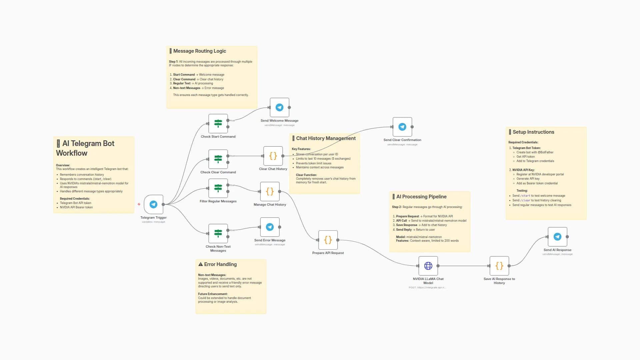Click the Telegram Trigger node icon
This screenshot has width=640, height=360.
[x=153, y=204]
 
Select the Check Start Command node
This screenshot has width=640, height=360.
[x=218, y=124]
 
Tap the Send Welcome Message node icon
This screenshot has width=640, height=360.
[x=279, y=107]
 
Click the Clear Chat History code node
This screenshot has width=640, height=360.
[x=273, y=156]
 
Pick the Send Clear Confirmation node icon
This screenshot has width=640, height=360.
[x=402, y=127]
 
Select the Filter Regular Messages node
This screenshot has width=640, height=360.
[x=218, y=188]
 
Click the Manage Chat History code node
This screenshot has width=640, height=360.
[x=270, y=191]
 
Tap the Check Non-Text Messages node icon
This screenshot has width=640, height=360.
[x=218, y=233]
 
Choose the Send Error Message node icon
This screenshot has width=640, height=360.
[x=270, y=227]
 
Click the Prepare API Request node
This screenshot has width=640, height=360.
[x=328, y=240]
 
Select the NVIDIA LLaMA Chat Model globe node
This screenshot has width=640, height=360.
[x=428, y=266]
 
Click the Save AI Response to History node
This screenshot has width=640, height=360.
[x=499, y=266]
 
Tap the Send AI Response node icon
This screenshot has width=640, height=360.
[x=557, y=237]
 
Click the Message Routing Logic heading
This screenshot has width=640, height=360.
[x=199, y=51]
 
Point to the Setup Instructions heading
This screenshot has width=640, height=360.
[x=533, y=132]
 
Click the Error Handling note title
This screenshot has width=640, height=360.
[x=220, y=264]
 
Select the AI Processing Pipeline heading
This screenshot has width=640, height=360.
[x=421, y=197]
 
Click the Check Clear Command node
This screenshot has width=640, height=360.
[x=218, y=159]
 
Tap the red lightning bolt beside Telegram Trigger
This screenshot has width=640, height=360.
[x=139, y=204]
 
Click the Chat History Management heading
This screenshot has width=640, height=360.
[x=326, y=138]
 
